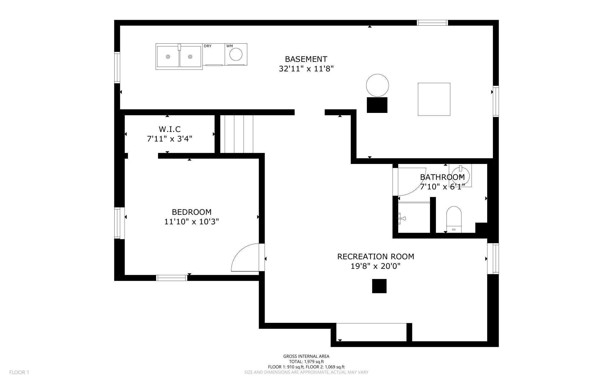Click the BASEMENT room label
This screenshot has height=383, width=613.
306,59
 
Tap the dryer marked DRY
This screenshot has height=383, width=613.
214,55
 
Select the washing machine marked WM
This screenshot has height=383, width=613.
236,55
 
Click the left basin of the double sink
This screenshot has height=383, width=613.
168,57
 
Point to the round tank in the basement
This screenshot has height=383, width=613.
377,85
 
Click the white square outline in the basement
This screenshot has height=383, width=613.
434,99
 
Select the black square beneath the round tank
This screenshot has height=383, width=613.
377,105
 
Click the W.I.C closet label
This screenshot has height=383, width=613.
169,129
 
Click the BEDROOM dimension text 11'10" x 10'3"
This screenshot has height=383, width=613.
191,222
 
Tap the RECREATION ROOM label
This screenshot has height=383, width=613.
375,257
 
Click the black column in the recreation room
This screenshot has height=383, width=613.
379,286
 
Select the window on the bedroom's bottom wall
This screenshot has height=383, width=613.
172,278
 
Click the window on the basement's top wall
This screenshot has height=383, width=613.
432,23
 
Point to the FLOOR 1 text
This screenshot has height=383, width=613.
19,372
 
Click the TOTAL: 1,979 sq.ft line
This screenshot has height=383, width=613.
306,361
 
